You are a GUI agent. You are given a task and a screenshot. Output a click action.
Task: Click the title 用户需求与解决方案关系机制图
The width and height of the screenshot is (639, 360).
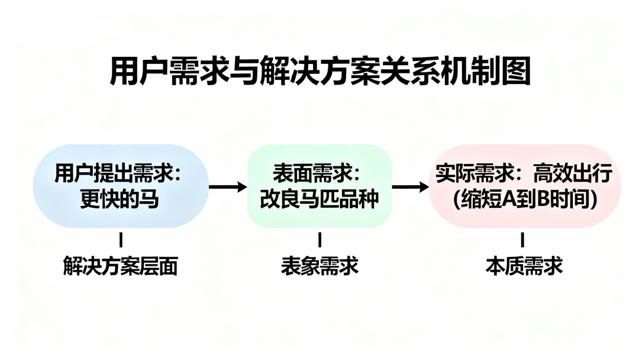(319, 72)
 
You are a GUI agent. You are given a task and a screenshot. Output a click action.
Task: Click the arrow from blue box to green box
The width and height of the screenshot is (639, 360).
(228, 187)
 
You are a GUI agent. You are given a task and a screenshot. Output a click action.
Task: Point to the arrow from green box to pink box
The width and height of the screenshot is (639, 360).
(410, 187)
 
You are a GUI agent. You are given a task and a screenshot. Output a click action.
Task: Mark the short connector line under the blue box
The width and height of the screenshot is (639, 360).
(121, 240)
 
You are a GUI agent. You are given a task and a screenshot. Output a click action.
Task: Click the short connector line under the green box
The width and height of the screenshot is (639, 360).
(320, 240)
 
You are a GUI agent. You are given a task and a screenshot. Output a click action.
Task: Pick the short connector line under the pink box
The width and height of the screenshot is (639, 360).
(522, 240)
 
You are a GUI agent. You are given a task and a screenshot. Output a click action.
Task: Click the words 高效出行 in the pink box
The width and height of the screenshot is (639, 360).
(572, 174)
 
